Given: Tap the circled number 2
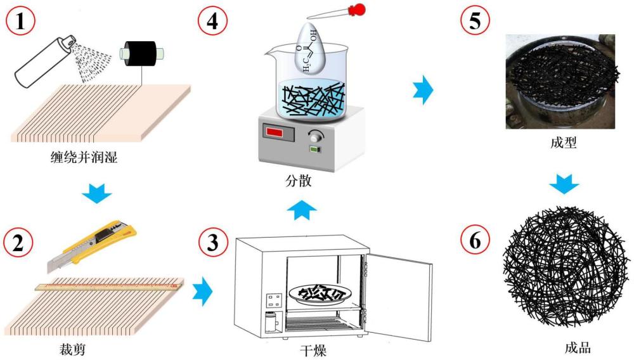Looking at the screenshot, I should pyautogui.click(x=18, y=241).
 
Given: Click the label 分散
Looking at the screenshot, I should pyautogui.click(x=298, y=181).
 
